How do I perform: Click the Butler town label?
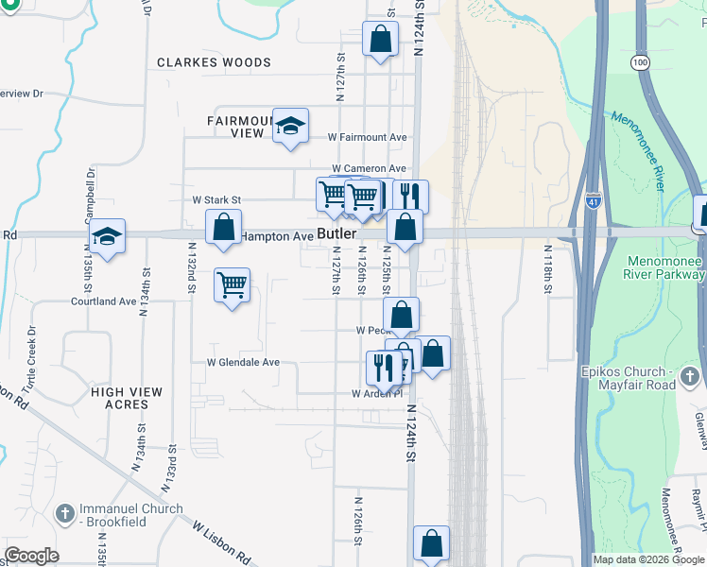(x=336, y=233)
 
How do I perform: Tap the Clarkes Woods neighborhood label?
(x=214, y=62)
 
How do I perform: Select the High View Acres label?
(x=127, y=398)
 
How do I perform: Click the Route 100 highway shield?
(x=641, y=61)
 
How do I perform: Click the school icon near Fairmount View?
(x=290, y=126)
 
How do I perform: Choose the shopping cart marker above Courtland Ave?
(x=232, y=283)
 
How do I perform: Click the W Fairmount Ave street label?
(x=368, y=137)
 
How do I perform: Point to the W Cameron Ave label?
(x=368, y=168)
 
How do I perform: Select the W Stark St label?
(x=217, y=200)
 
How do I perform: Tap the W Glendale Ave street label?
(x=243, y=362)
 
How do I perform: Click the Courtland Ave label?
(x=104, y=302)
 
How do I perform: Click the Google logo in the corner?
(x=32, y=556)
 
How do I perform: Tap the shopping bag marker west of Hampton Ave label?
(x=222, y=230)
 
